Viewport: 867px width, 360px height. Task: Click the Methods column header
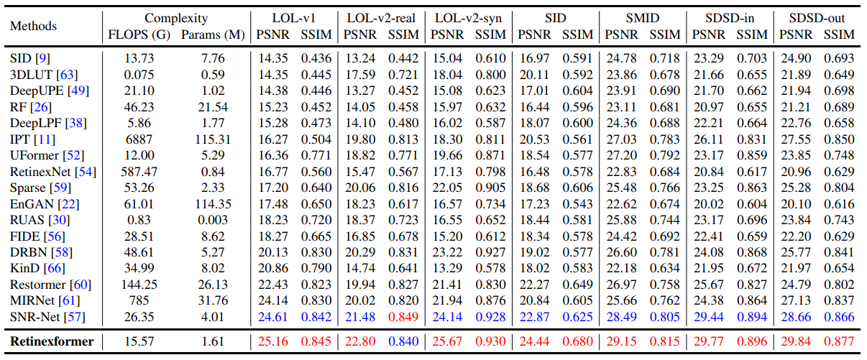pyautogui.click(x=33, y=26)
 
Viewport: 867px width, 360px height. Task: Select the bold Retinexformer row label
pyautogui.click(x=52, y=341)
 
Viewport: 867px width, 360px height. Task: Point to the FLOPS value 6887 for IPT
pyautogui.click(x=139, y=139)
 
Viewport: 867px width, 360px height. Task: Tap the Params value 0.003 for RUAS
pyautogui.click(x=213, y=220)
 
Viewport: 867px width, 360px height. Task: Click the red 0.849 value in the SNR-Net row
pyautogui.click(x=403, y=317)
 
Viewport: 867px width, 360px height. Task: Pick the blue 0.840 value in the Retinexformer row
pyautogui.click(x=403, y=341)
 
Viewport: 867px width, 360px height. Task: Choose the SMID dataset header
pyautogui.click(x=643, y=18)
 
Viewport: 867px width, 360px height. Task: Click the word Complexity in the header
pyautogui.click(x=176, y=18)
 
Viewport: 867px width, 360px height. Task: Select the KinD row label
pyautogui.click(x=37, y=268)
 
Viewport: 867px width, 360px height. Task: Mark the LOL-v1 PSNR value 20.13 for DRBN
pyautogui.click(x=273, y=252)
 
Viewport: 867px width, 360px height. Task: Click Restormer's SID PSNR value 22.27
pyautogui.click(x=535, y=285)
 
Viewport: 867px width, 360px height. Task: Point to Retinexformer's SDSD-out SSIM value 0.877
pyautogui.click(x=839, y=341)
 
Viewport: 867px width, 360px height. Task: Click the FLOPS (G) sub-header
pyautogui.click(x=139, y=34)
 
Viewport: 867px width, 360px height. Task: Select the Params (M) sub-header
pyautogui.click(x=213, y=34)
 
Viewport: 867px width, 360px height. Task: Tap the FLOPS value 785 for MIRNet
pyautogui.click(x=139, y=300)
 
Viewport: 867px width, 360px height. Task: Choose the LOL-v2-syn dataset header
pyautogui.click(x=468, y=18)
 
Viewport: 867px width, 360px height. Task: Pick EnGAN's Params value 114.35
pyautogui.click(x=213, y=204)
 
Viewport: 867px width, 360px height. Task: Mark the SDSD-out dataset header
pyautogui.click(x=817, y=18)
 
